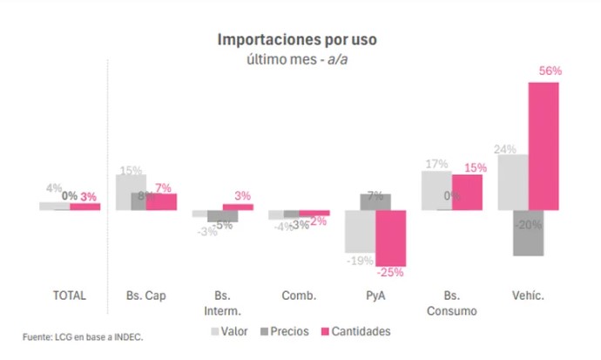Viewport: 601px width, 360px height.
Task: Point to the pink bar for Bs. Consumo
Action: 467,192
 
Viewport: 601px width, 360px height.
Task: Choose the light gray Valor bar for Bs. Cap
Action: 131,192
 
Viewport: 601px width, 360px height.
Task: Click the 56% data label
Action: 550,71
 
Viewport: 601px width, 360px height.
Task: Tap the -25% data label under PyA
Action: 391,272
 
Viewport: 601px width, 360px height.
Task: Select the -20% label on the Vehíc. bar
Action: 528,225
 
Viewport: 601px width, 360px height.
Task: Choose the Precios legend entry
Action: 292,331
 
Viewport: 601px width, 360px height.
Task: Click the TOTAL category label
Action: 70,295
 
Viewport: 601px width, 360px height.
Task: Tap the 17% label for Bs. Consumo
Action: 436,163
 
